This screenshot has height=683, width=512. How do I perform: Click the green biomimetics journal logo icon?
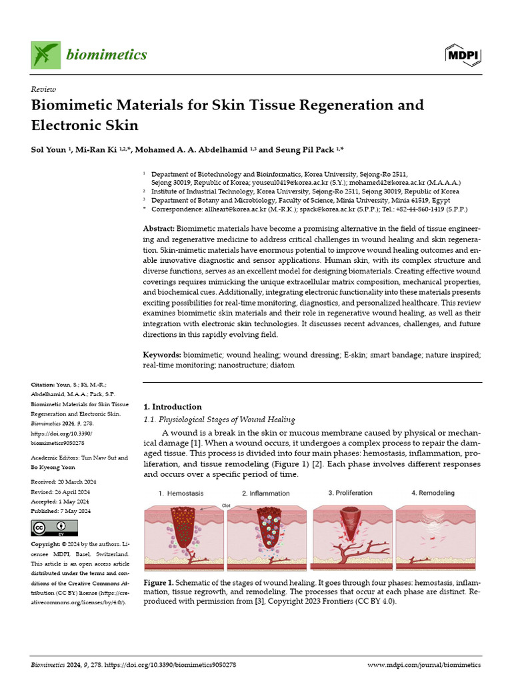(45, 55)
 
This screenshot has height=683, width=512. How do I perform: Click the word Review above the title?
(44, 89)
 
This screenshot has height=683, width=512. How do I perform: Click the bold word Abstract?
(159, 229)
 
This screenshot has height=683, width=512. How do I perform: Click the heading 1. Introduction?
(173, 407)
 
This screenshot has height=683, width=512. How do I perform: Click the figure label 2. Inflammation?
(265, 494)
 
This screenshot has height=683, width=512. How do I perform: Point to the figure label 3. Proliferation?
(350, 493)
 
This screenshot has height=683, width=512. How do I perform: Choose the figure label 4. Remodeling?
(433, 493)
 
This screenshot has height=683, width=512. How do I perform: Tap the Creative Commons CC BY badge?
(49, 529)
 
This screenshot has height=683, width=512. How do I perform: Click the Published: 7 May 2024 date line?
(61, 511)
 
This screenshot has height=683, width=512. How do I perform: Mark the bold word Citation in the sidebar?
(44, 385)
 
